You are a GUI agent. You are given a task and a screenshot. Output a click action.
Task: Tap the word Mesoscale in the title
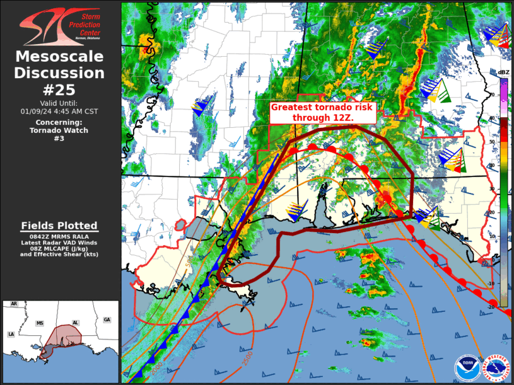pos(59,57)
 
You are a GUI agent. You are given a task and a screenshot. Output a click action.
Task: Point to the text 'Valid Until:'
pos(59,103)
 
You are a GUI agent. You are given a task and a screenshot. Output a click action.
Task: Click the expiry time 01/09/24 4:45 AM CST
pos(59,112)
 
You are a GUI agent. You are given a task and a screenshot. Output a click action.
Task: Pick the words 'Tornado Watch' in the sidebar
pos(59,130)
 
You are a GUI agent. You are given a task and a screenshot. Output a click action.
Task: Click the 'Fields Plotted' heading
pos(59,226)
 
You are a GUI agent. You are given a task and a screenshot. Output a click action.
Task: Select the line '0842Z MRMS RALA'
pos(59,236)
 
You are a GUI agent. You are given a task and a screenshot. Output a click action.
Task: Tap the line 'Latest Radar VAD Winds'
pos(59,243)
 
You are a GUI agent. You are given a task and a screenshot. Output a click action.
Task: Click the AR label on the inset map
pos(14,304)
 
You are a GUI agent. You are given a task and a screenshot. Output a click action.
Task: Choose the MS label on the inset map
pos(40,323)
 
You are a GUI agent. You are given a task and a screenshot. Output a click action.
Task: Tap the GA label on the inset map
pos(107,320)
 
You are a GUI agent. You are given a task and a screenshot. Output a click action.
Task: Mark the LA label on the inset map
pos(11,334)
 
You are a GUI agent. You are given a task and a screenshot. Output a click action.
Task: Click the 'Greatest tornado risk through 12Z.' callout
pos(322,113)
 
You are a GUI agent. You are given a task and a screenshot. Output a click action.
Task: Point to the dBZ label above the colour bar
pos(503,72)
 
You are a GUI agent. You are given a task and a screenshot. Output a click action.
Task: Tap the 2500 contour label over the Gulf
pos(248,357)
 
